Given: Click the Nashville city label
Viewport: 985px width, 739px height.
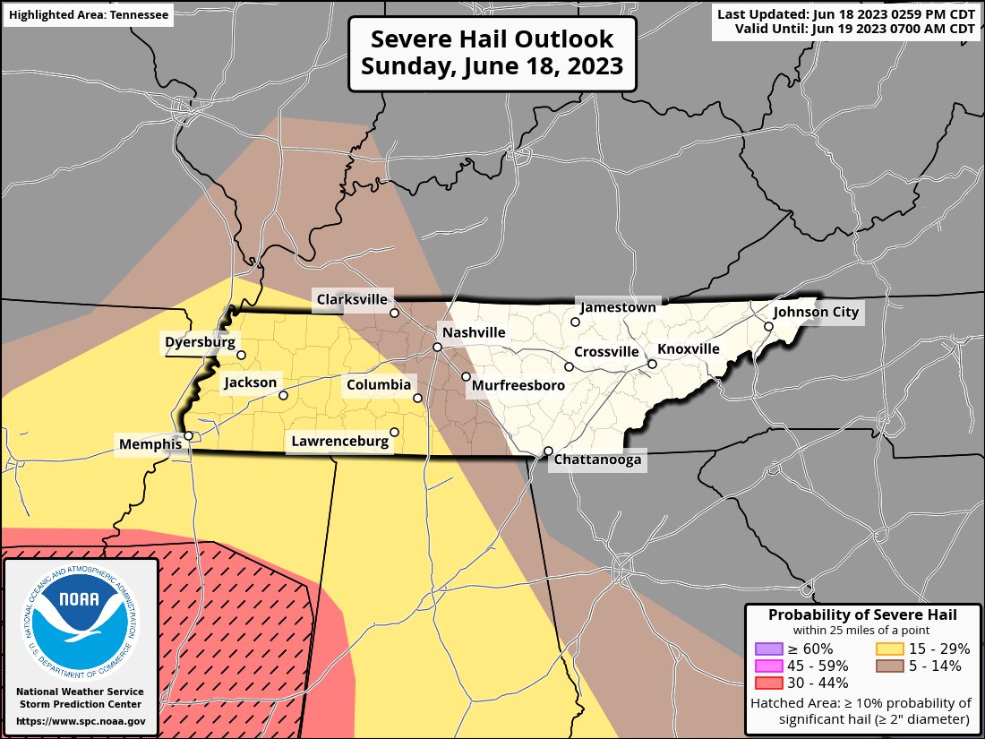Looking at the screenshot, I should (x=474, y=332).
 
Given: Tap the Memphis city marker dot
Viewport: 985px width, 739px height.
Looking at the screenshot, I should (x=189, y=436).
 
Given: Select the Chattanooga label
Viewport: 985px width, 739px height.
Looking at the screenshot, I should (x=598, y=460).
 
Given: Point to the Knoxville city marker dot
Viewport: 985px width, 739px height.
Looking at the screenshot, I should (x=653, y=364).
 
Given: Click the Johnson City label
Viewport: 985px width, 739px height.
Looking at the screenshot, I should (x=816, y=312).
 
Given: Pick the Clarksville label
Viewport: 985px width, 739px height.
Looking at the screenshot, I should (x=351, y=299).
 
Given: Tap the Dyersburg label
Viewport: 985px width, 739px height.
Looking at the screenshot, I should (x=200, y=341).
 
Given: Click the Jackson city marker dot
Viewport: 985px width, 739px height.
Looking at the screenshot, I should (x=283, y=395).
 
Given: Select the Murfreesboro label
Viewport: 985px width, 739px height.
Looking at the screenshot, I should (x=518, y=385).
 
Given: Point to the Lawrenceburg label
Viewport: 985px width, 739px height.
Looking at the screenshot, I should (x=339, y=441).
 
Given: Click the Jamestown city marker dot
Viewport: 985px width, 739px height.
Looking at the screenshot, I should (x=576, y=322).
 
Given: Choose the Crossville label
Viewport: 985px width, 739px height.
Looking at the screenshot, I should (x=606, y=351).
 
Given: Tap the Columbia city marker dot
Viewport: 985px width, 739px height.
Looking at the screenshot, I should (x=417, y=398).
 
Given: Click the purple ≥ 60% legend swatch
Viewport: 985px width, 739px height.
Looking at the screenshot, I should (x=768, y=649).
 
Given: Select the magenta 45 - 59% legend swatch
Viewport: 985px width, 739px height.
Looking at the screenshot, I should (x=768, y=666).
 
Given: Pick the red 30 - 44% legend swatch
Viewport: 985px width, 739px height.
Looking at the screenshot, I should (x=768, y=683).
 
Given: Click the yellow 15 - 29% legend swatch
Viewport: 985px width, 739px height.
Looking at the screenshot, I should (x=888, y=649).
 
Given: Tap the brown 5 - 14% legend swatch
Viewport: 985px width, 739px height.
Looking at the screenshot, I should (x=888, y=666).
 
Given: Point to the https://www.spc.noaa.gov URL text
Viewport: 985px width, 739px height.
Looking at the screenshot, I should (x=81, y=721).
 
